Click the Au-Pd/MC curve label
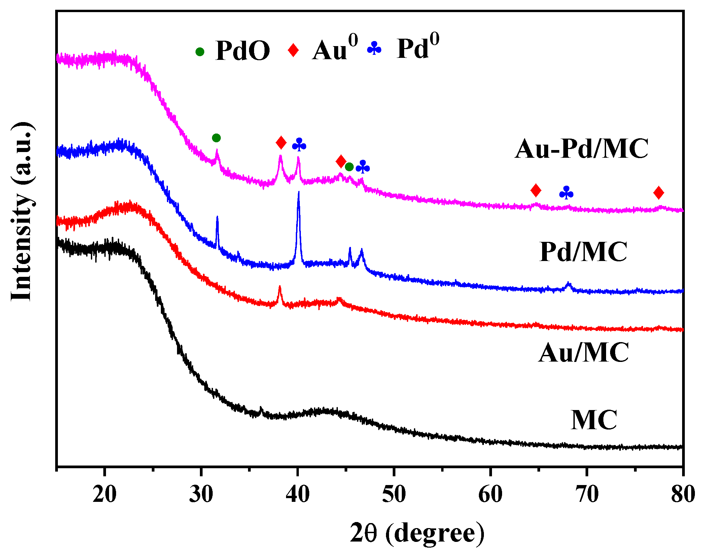(581, 149)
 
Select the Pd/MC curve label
(583, 252)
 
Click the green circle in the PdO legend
(200, 51)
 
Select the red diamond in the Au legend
(293, 50)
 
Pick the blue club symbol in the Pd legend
(374, 49)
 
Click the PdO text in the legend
(243, 51)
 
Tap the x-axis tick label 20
(105, 494)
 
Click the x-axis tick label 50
(394, 494)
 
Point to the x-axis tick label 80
(682, 494)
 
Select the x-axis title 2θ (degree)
(417, 533)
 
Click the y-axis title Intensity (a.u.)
(22, 212)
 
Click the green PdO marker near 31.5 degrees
(216, 138)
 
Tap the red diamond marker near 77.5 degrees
(659, 193)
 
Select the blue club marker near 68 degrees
(566, 193)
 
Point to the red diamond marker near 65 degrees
(536, 190)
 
